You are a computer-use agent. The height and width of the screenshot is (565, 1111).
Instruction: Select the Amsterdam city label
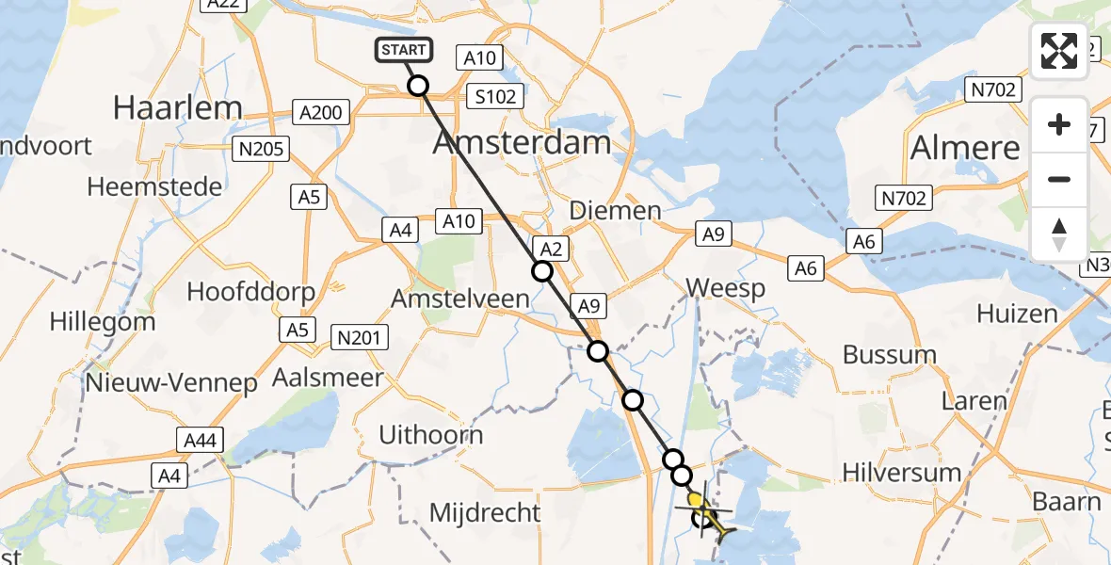(x=522, y=143)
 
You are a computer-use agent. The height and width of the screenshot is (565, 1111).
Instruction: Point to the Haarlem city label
(x=178, y=107)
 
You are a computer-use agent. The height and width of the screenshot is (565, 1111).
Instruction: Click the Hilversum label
(x=901, y=472)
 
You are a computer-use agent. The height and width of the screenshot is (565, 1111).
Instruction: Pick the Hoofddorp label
(x=250, y=291)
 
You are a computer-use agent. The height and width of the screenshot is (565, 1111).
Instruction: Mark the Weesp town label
(x=725, y=287)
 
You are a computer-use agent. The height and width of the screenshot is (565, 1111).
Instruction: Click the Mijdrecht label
(x=485, y=513)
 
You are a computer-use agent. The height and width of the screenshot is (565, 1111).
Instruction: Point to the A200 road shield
(x=320, y=113)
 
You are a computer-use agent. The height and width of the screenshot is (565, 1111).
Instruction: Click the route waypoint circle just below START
(x=418, y=86)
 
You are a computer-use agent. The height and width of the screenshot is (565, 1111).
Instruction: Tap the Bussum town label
(x=890, y=355)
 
